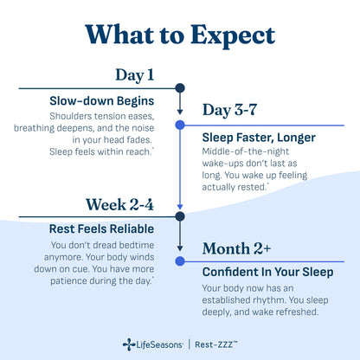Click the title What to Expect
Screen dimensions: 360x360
click(180, 34)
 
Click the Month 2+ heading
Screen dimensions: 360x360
click(236, 248)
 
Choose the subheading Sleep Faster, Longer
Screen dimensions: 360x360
click(258, 138)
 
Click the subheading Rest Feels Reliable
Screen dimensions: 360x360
click(102, 229)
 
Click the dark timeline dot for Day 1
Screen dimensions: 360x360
click(180, 87)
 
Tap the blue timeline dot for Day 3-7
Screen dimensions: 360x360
click(180, 125)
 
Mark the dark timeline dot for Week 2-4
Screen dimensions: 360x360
click(180, 217)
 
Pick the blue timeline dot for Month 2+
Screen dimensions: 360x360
click(180, 260)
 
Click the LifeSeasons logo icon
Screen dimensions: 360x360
click(128, 344)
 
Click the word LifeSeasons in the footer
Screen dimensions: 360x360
click(158, 344)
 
